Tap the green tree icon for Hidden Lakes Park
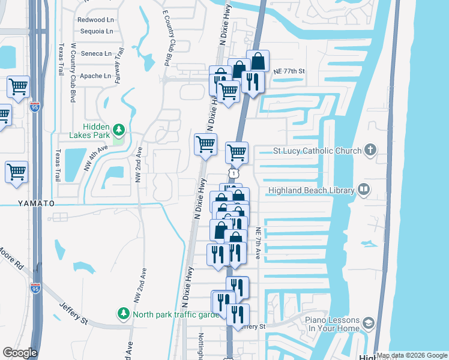point(119,130)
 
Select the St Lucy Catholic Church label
point(317,151)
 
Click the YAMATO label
point(28,203)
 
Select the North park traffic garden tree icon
point(123,313)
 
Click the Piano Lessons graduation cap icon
point(367,324)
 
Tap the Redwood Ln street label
point(95,20)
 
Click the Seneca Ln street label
point(97,53)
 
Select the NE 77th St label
point(289,71)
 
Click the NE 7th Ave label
point(258,244)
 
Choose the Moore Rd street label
point(11,259)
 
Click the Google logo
point(20,353)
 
